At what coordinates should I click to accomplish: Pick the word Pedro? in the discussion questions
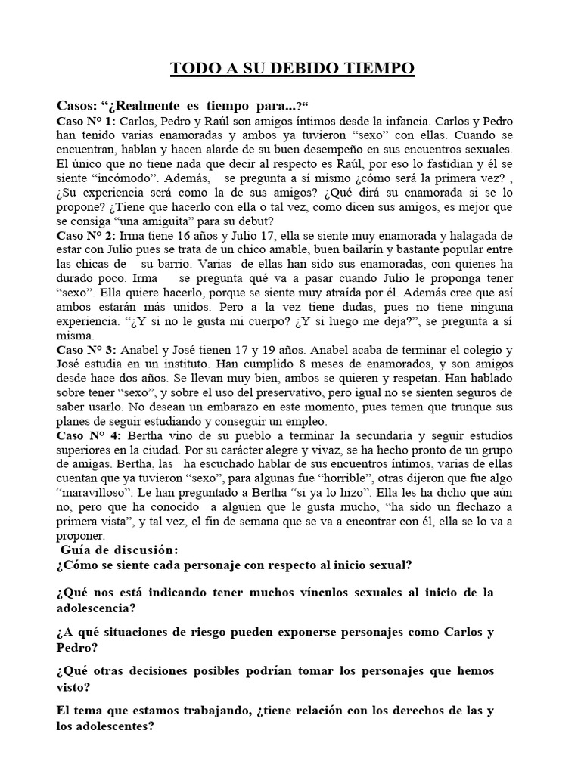pyautogui.click(x=77, y=649)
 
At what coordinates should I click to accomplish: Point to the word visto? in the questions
pyautogui.click(x=74, y=688)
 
